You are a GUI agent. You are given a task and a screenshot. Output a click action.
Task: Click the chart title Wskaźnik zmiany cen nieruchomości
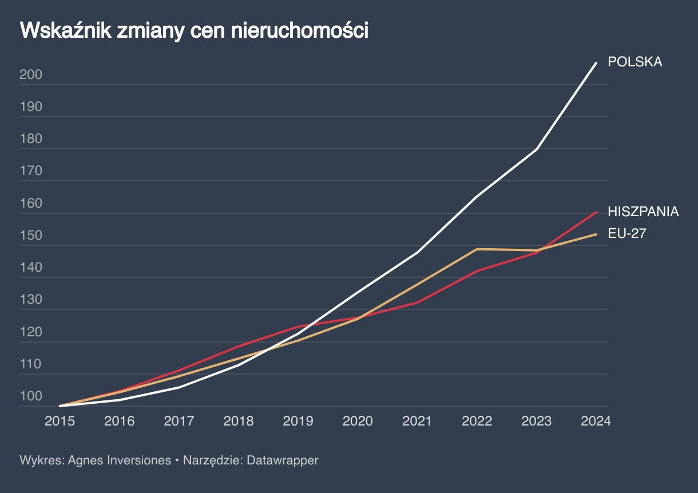[x=194, y=30]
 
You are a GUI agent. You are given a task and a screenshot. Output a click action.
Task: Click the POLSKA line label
[x=634, y=62]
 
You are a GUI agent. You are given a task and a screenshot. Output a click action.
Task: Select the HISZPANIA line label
[x=643, y=212]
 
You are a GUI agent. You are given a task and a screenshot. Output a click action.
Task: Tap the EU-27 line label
[x=626, y=234]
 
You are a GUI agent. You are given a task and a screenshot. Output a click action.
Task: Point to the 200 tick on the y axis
[x=31, y=74]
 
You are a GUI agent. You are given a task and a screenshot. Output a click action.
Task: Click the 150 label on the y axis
[x=31, y=236]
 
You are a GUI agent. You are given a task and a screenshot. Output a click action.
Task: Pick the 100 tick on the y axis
[x=31, y=396]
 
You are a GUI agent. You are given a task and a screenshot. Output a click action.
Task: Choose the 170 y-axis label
[x=31, y=171]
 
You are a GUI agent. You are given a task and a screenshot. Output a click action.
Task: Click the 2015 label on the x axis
[x=60, y=422]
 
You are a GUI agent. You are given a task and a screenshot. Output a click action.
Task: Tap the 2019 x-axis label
[x=298, y=422]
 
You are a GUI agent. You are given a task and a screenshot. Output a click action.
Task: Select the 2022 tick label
[x=477, y=422]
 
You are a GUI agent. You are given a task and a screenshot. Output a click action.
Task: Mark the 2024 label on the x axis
[x=596, y=422]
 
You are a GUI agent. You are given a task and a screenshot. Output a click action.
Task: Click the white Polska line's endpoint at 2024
[x=596, y=62]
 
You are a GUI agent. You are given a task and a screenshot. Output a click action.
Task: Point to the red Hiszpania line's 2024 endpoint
[x=596, y=212]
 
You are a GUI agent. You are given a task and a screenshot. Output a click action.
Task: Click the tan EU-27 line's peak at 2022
[x=477, y=249]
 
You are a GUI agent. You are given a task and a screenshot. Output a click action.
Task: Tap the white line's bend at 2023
[x=537, y=149]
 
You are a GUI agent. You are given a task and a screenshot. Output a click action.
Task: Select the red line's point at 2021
[x=417, y=303]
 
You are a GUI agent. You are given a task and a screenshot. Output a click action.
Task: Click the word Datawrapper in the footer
[x=282, y=460]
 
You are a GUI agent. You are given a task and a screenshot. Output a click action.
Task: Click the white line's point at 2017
[x=179, y=387]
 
